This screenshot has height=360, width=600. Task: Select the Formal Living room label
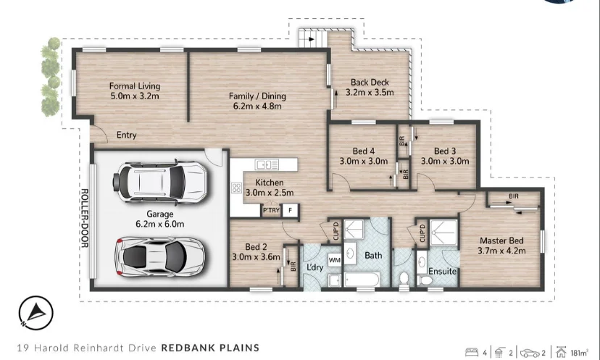tap(135, 90)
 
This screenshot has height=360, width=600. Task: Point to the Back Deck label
tap(370, 87)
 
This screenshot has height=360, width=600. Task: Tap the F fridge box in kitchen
tap(290, 211)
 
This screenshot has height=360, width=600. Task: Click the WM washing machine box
tap(335, 259)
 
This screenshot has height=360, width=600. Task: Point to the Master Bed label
tap(501, 246)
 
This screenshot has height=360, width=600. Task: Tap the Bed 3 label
tap(442, 156)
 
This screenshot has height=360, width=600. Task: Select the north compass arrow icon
tap(31, 311)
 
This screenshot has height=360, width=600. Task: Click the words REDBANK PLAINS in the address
tap(210, 348)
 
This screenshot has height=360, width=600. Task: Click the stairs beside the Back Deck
tap(310, 36)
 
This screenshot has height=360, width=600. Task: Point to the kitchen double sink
tap(266, 164)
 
